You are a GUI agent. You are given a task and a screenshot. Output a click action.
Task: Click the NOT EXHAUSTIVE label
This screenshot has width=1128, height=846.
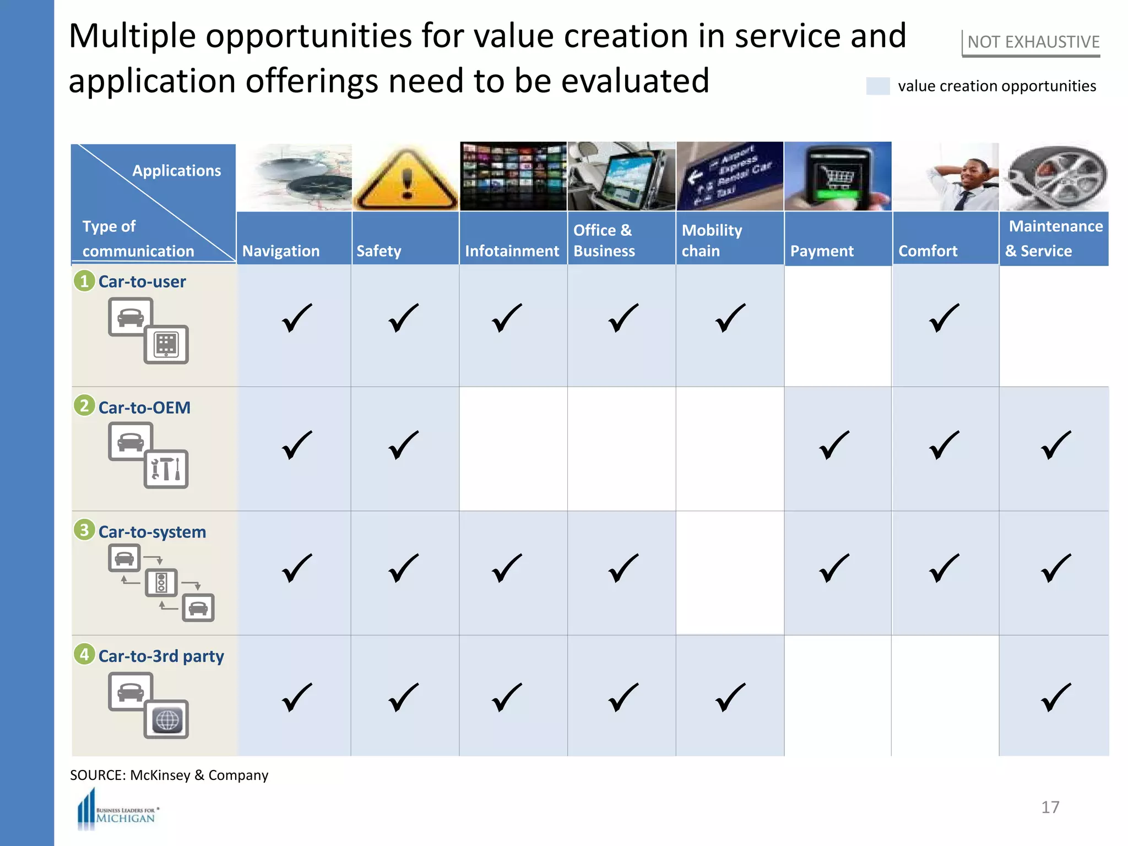click(1033, 42)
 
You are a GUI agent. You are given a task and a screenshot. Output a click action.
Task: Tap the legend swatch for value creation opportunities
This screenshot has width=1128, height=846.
click(877, 86)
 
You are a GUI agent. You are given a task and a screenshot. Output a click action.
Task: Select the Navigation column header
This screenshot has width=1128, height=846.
click(281, 251)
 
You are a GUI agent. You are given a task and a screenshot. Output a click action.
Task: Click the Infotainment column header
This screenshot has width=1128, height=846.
click(512, 251)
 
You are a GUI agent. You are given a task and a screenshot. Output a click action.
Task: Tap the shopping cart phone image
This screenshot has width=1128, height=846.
click(837, 176)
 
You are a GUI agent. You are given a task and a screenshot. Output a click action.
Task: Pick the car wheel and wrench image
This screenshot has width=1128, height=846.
click(1054, 177)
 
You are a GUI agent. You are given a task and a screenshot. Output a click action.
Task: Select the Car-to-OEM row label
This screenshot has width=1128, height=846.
click(144, 408)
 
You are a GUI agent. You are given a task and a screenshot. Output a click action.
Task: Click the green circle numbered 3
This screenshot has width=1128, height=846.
click(84, 530)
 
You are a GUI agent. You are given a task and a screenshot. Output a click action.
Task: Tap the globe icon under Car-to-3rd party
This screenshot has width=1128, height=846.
click(166, 719)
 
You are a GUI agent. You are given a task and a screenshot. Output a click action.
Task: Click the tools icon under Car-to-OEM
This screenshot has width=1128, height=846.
click(166, 469)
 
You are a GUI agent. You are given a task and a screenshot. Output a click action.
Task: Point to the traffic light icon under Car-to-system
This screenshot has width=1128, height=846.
click(161, 583)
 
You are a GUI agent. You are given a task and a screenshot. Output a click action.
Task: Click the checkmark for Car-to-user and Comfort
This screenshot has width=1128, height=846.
click(944, 318)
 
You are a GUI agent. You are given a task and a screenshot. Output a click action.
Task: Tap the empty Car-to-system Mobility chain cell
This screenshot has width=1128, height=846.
click(730, 573)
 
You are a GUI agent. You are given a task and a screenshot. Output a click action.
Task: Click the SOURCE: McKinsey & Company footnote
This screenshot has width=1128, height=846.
click(169, 775)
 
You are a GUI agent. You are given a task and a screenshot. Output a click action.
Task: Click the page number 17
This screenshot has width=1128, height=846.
click(1050, 807)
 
